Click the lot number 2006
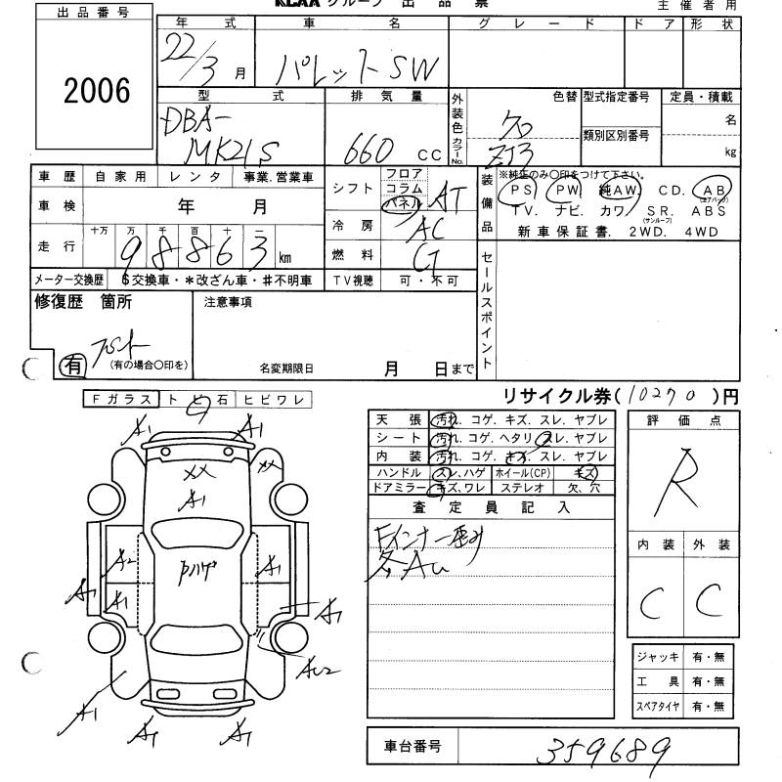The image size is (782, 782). (97, 91)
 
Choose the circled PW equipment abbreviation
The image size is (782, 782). (564, 190)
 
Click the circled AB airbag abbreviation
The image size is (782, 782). (710, 190)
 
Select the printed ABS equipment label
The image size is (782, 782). (706, 210)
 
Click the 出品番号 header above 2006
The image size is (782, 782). (93, 13)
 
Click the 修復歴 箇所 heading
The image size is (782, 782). (83, 302)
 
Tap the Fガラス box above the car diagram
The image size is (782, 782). (121, 399)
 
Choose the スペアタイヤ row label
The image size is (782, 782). (657, 706)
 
